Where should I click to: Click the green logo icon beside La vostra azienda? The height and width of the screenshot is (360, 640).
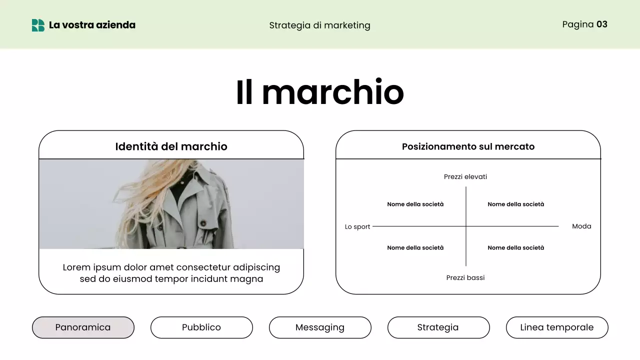coord(38,25)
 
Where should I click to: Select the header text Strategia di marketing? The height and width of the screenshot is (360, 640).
coord(319,25)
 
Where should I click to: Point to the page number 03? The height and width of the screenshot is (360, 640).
coord(602,24)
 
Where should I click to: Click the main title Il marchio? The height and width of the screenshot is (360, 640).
coord(319,92)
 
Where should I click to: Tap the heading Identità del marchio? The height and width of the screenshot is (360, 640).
coord(171,146)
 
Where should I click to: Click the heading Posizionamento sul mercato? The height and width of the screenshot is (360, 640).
coord(468,146)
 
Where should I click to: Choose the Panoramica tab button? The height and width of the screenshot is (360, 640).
coord(83,327)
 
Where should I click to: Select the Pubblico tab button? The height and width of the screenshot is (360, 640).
coord(201,327)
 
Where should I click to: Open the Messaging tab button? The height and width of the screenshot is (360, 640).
coord(320,327)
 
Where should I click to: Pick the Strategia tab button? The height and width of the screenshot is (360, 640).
coord(438,327)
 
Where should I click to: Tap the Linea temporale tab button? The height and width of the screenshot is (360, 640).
coord(557,327)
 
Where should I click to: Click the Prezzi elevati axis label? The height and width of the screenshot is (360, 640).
coord(465,176)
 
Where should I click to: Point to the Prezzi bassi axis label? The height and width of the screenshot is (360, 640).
coord(465,277)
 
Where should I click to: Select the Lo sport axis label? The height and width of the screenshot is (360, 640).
coord(357,226)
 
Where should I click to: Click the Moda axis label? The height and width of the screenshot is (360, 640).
coord(581,226)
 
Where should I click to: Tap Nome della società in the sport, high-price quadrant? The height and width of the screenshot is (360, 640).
coord(415,204)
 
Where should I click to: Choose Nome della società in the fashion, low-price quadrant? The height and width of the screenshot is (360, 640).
coord(516,247)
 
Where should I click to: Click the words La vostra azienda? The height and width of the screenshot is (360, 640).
coord(92,25)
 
